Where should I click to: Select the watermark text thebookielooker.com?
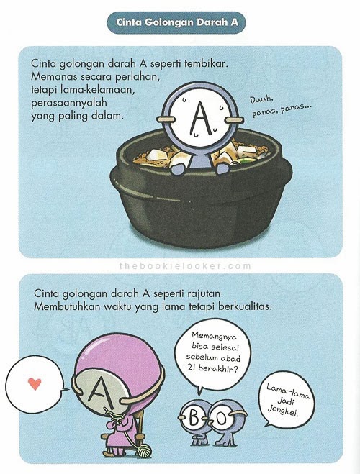coord(181,265)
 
